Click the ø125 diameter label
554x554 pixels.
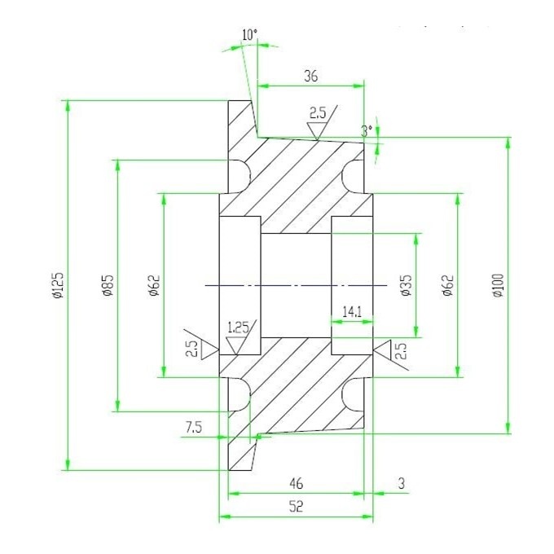[x=58, y=285]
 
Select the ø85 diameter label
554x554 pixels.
[x=108, y=285]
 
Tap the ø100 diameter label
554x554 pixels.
[x=498, y=285]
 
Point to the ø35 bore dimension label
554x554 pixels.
[x=407, y=285]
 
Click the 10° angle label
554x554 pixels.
[x=250, y=35]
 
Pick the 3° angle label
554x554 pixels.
[x=367, y=131]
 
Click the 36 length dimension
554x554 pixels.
[x=311, y=76]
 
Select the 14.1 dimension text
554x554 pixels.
[x=352, y=311]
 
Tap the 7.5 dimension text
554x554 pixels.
[x=194, y=428]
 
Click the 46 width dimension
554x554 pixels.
[x=296, y=483]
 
